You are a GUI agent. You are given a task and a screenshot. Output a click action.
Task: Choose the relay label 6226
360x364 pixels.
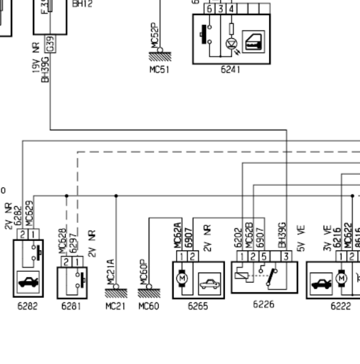[263, 304]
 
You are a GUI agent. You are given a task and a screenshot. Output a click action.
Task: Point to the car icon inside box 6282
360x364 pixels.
[27, 283]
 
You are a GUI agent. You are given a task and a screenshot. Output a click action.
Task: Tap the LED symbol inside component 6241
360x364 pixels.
[231, 43]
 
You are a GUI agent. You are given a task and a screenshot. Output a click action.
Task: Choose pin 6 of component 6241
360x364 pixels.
[210, 10]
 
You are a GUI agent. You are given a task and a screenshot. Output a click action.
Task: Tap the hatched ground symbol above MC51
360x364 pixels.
[159, 56]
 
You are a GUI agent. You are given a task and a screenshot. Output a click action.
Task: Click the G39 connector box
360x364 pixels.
[50, 44]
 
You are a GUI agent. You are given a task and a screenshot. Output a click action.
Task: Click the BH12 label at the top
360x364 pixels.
[82, 4]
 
